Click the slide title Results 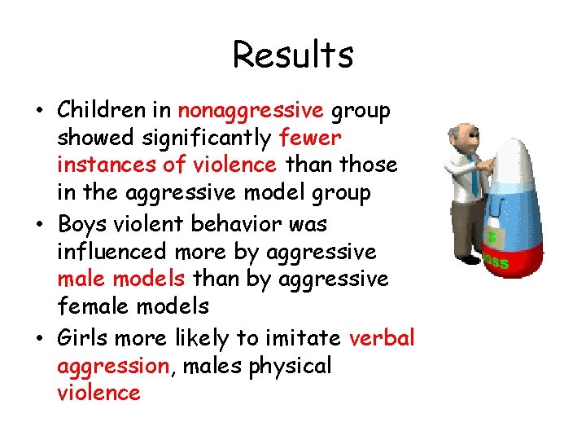click(x=293, y=55)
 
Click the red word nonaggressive click(x=250, y=110)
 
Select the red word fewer click(x=310, y=139)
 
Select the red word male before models click(x=80, y=279)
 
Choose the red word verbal click(x=382, y=337)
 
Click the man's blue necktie click(x=474, y=176)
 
